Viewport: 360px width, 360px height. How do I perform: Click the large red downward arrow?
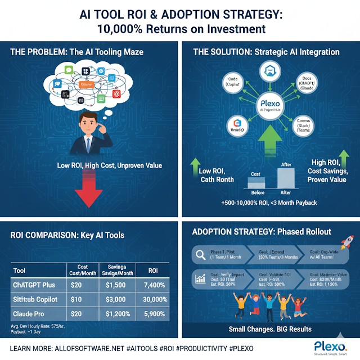(x=91, y=187)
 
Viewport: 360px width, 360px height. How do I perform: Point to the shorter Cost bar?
(x=255, y=184)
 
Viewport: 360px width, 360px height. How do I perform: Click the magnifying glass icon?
(x=200, y=254)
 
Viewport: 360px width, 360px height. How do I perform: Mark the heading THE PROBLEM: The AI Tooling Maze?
(x=77, y=52)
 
